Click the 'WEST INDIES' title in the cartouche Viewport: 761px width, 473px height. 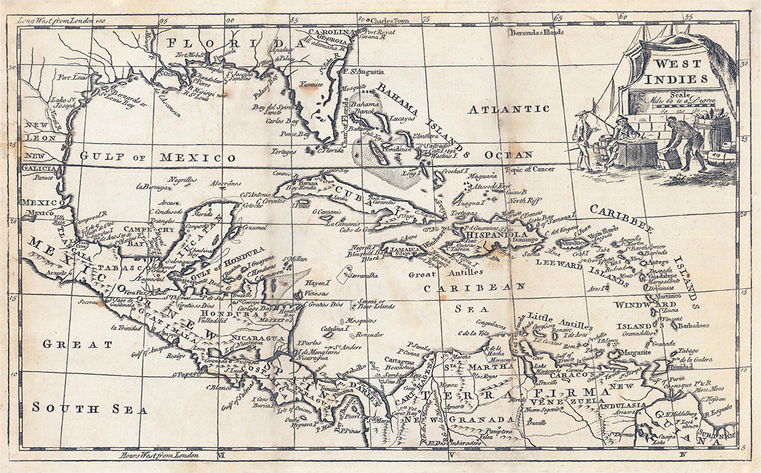(x=680, y=71)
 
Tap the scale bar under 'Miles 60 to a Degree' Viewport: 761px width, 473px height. (x=685, y=112)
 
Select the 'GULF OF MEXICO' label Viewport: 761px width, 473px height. (x=158, y=157)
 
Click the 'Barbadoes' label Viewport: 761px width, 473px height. (x=693, y=326)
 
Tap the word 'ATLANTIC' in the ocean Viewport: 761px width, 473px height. (x=509, y=109)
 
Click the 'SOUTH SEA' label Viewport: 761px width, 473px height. (x=90, y=408)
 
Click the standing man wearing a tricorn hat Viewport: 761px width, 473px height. (x=583, y=139)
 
